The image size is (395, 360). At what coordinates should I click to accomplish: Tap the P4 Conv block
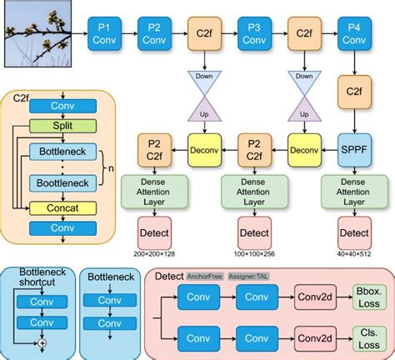356,34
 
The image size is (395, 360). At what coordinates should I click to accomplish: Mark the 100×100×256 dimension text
255,252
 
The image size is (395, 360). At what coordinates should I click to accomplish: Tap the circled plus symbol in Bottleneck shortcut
43,342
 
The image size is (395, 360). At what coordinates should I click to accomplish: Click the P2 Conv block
155,34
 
